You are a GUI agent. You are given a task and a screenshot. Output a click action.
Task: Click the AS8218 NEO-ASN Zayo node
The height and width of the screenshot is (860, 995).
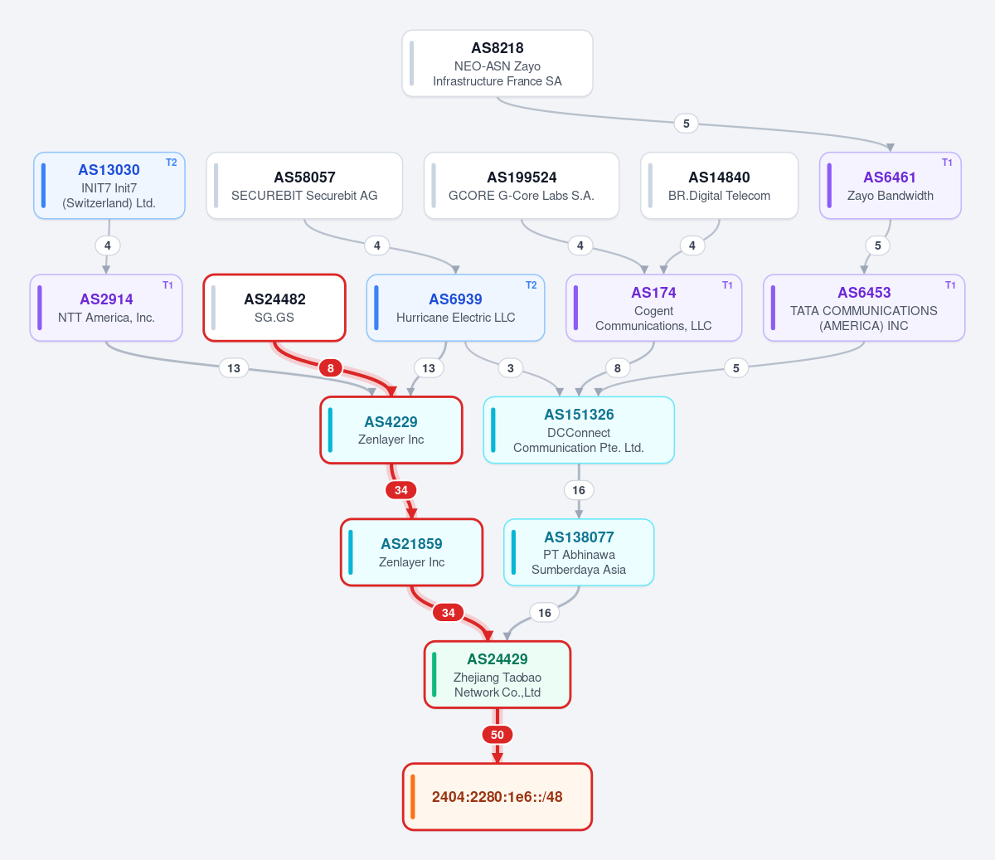(x=498, y=64)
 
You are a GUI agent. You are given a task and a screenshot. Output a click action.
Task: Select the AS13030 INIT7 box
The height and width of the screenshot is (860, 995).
(x=109, y=186)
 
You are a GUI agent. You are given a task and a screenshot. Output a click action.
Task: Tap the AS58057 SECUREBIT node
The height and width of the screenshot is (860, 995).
(x=304, y=186)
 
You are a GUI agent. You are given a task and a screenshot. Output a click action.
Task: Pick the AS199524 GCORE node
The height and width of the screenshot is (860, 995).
(x=522, y=186)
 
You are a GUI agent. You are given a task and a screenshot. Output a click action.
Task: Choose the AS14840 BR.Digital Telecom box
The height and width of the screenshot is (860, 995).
(x=719, y=186)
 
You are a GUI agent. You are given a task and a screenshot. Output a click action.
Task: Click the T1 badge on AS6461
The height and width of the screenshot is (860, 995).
(x=947, y=163)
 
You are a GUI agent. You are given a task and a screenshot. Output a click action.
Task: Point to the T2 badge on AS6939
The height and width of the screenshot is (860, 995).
(x=531, y=285)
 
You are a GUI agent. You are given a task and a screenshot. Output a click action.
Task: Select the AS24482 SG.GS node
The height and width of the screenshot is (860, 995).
(x=274, y=308)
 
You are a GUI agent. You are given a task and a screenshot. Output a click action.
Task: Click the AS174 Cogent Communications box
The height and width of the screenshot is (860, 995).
(x=653, y=308)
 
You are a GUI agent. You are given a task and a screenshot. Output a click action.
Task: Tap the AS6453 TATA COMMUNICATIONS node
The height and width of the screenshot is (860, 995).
(x=864, y=308)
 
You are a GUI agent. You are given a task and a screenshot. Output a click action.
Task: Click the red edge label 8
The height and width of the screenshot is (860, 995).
(x=330, y=368)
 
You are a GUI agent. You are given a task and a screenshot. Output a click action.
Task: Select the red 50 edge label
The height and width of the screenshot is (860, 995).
(x=498, y=735)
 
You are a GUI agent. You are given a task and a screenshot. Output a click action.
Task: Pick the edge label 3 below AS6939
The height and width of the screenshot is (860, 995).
(x=510, y=368)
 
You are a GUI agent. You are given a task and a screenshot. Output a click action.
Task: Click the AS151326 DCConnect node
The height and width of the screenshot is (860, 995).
(x=579, y=430)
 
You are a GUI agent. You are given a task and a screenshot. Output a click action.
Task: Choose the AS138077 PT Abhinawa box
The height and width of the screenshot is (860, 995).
(x=579, y=552)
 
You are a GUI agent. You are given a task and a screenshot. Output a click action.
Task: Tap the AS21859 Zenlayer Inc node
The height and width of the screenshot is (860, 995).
(x=411, y=552)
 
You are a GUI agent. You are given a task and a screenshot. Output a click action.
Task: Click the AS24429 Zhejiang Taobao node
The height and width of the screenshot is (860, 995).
(x=498, y=674)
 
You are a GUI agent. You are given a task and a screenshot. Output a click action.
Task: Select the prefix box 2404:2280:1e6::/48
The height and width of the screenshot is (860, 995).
(x=498, y=797)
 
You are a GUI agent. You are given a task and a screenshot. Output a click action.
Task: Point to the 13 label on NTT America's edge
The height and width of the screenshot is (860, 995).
(x=234, y=368)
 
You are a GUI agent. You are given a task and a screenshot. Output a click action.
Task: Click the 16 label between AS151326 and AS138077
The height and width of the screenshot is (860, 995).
(x=579, y=490)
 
